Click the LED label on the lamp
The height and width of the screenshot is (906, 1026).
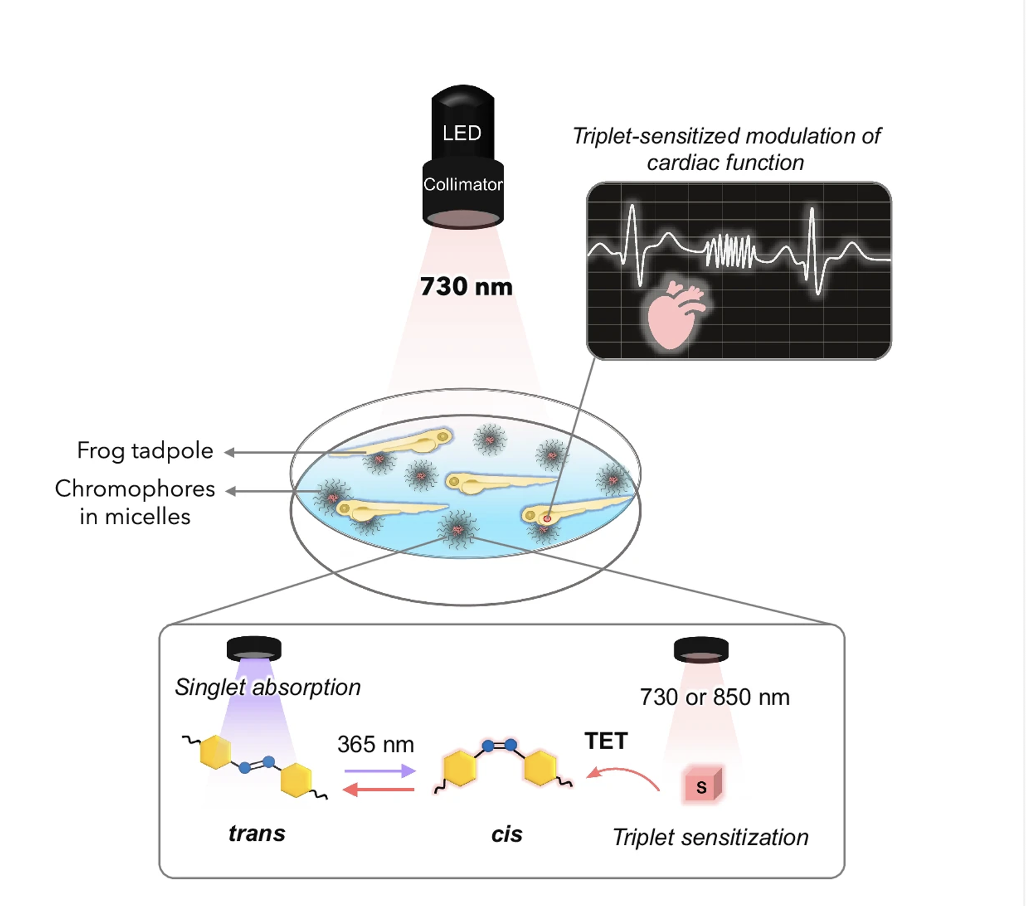tap(462, 133)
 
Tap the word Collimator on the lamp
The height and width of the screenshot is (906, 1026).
tap(463, 184)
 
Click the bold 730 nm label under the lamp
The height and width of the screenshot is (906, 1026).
tap(466, 287)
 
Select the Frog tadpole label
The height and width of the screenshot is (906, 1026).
tap(145, 451)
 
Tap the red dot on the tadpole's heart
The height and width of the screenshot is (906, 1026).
tap(547, 518)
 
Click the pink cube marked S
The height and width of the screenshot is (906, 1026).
tap(702, 785)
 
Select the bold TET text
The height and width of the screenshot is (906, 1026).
tap(606, 741)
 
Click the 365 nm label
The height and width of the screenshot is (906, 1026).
tap(375, 744)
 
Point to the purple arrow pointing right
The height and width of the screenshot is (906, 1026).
tap(379, 770)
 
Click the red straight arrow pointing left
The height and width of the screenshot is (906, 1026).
tap(378, 789)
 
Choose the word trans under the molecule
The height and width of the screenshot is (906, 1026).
tap(256, 833)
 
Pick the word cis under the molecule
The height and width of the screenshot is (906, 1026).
tap(506, 834)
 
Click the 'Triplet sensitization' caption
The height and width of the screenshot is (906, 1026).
tap(710, 837)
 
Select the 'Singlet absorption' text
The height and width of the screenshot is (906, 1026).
tap(267, 687)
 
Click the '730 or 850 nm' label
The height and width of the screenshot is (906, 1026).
tap(715, 697)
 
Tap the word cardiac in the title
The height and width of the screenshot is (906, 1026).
tap(683, 163)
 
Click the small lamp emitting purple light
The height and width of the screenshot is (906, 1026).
tap(253, 648)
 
